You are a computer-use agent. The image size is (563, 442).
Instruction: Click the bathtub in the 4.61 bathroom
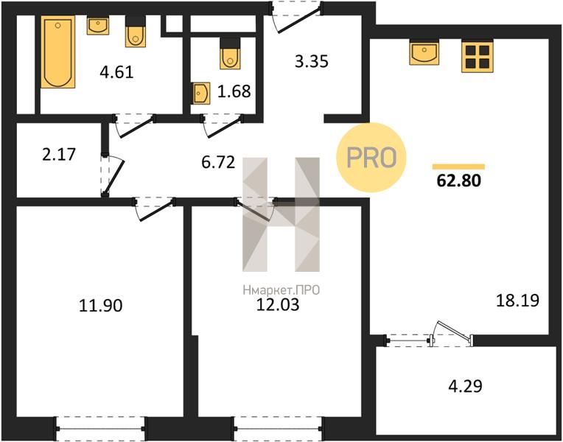[57, 52]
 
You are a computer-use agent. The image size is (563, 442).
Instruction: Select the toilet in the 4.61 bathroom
[136, 32]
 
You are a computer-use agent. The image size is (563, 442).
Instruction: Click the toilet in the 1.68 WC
[230, 54]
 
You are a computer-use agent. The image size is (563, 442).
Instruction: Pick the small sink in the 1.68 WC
[200, 94]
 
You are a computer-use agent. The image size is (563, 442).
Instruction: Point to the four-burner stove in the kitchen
[478, 56]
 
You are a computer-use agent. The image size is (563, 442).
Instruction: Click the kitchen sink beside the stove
[424, 52]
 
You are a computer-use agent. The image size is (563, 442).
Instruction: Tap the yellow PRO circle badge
[371, 157]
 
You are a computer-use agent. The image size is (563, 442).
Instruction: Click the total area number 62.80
[458, 180]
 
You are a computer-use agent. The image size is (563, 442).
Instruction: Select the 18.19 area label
[517, 300]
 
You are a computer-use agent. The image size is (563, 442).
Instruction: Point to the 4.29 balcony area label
[465, 386]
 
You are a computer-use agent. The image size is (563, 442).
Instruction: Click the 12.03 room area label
[278, 305]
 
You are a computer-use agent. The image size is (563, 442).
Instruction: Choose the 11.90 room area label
[100, 306]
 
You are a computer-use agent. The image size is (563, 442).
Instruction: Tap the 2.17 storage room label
[59, 155]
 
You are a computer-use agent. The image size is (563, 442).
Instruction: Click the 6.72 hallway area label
[218, 162]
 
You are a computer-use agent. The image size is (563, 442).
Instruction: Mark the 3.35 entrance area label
[311, 61]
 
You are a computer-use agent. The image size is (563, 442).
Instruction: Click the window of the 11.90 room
[100, 428]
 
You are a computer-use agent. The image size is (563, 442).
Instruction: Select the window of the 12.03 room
[279, 428]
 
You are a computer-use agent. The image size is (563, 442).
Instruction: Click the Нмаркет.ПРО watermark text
[281, 290]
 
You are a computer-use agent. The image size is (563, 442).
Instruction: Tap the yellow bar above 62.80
[458, 166]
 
